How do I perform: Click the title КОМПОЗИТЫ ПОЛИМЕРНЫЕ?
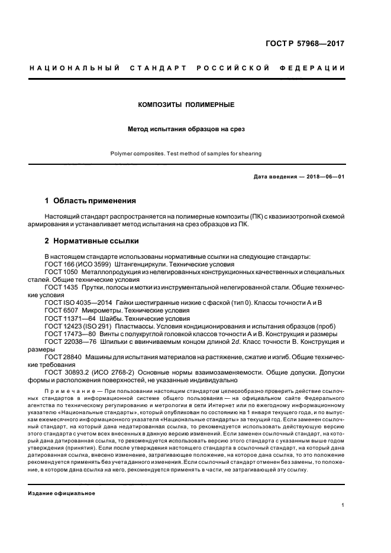[x=186, y=105]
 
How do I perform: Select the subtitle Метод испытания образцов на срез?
[x=186, y=128]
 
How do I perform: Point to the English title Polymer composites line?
[x=186, y=154]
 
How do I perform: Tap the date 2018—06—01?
[x=325, y=177]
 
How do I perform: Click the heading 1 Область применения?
[x=91, y=201]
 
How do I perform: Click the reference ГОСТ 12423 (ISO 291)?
[x=78, y=326]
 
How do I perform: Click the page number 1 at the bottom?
[x=343, y=505]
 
